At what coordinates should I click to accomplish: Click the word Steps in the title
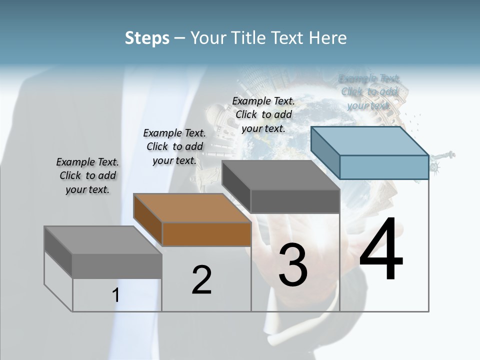147,38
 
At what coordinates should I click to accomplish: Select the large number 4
381,250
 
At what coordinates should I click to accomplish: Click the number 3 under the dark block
293,265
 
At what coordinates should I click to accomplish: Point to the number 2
201,280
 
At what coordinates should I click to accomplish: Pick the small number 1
115,295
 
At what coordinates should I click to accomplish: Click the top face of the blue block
369,140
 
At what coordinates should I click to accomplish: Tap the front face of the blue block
384,167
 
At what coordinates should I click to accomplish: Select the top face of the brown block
191,207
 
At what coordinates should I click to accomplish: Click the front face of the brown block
206,234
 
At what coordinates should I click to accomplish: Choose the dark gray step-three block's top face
280,174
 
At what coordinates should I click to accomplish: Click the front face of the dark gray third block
295,201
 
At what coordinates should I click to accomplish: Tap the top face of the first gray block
102,240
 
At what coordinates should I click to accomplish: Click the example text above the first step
87,175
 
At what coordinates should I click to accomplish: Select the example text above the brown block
174,146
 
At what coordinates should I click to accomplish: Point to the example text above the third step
263,114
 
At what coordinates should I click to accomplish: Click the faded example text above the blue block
369,91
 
